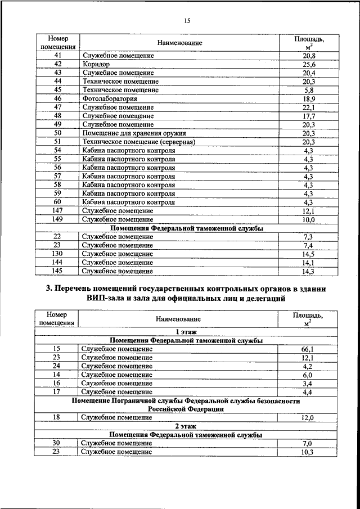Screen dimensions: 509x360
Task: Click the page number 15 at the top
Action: click(187, 21)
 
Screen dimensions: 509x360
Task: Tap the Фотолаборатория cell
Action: click(110, 99)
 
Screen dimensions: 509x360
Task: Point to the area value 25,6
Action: click(308, 65)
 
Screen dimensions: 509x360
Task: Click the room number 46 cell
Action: click(57, 99)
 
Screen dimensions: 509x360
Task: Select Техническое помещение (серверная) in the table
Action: click(138, 142)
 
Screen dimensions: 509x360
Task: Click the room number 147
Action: click(57, 210)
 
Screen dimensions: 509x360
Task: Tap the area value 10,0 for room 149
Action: click(308, 219)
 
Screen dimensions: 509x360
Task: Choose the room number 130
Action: click(57, 254)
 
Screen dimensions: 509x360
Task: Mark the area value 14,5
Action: click(308, 254)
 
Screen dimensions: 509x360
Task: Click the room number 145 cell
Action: click(57, 272)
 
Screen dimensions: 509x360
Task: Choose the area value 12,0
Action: click(307, 417)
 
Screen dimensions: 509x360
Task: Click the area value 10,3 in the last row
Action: click(307, 452)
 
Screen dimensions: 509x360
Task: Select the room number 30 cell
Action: click(56, 444)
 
